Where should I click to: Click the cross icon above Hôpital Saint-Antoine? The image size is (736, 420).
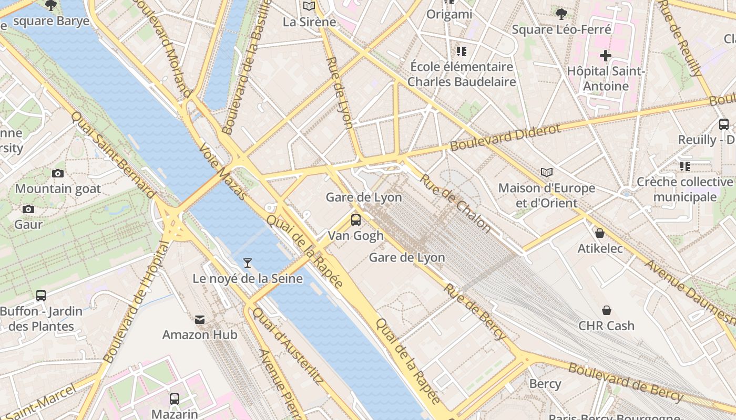[606, 55]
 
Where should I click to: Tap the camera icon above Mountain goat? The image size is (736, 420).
[58, 173]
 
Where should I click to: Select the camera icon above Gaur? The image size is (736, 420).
[28, 209]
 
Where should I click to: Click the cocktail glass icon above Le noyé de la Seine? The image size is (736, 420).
[248, 262]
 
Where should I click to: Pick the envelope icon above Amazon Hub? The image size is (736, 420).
[200, 319]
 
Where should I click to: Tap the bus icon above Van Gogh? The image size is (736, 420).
[356, 219]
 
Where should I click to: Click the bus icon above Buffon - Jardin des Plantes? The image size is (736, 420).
[41, 295]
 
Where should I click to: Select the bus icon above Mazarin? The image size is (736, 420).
[175, 398]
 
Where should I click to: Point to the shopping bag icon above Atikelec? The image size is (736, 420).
[600, 233]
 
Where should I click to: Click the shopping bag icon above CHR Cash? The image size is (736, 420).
[607, 310]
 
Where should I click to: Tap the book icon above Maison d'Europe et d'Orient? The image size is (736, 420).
[547, 172]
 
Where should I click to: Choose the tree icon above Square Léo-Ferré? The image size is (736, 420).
[561, 14]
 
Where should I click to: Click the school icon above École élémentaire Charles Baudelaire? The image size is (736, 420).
[462, 51]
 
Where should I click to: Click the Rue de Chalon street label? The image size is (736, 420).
[455, 203]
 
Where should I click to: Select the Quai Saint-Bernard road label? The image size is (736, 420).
[114, 155]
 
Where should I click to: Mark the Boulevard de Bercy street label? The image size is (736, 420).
[626, 382]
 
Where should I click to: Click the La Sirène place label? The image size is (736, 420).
[309, 22]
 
